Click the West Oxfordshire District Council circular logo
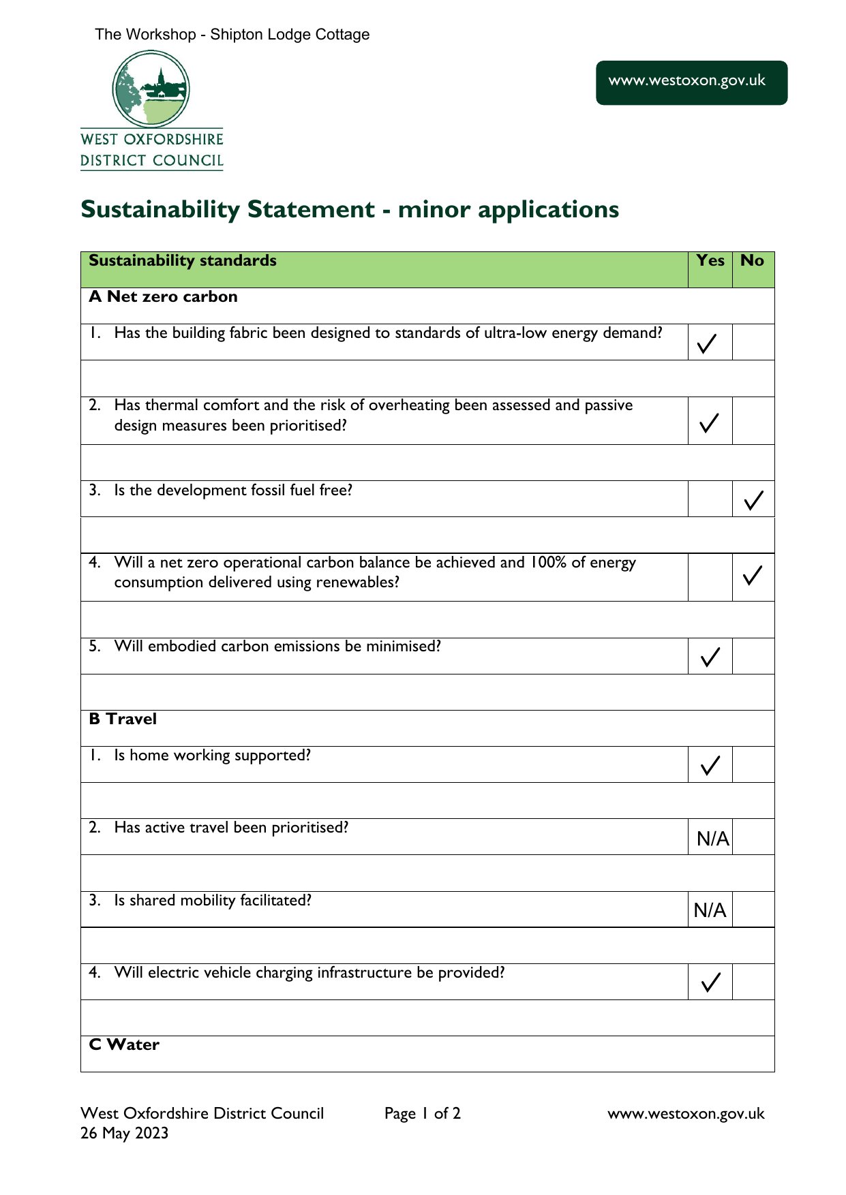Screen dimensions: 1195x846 [x=151, y=89]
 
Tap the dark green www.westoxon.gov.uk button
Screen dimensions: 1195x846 [x=691, y=82]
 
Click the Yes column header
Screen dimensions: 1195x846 [x=710, y=261]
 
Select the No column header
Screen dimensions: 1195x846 [x=752, y=261]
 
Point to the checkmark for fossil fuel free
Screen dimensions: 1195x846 [x=753, y=501]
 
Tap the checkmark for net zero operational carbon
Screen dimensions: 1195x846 [x=753, y=576]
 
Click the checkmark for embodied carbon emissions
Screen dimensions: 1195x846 [x=710, y=657]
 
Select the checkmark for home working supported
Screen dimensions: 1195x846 [x=710, y=765]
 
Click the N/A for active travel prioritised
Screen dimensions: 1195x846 [x=712, y=839]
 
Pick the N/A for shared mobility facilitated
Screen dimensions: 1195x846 [x=710, y=910]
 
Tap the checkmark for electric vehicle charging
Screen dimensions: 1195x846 [x=710, y=982]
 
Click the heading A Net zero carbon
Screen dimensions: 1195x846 [x=163, y=297]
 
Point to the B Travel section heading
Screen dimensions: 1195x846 [x=123, y=719]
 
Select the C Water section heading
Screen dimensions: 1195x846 [x=124, y=1045]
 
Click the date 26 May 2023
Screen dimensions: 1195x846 [x=124, y=1133]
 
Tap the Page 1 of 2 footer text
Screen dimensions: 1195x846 [x=422, y=1114]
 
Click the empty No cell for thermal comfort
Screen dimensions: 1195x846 [x=753, y=421]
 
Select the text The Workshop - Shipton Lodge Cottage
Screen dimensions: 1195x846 [x=232, y=35]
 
